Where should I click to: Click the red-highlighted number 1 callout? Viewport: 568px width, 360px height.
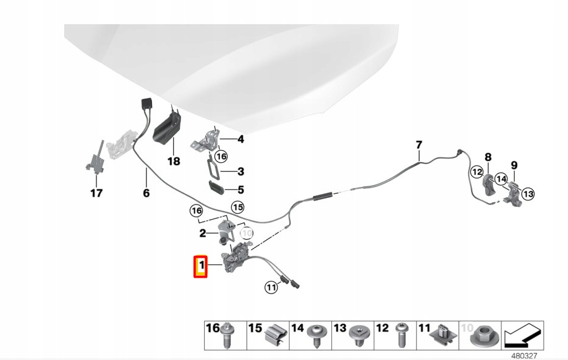point(200,267)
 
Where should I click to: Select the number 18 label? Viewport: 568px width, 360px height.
point(174,161)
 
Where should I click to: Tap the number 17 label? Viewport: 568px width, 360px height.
point(96,193)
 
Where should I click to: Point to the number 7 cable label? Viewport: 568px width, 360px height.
point(419,145)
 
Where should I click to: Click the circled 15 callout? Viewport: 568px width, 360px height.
point(238,208)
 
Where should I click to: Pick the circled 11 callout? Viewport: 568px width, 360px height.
point(271,287)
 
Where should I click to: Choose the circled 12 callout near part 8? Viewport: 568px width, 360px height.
point(477,172)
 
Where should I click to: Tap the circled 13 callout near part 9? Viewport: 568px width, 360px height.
point(529,194)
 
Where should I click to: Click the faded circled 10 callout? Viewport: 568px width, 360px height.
point(247,234)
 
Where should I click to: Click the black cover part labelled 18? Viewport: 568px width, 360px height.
point(167,128)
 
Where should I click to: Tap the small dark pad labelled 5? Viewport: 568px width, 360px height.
point(216,188)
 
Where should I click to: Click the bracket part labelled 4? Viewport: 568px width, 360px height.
point(205,139)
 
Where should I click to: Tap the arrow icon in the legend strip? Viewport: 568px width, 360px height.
point(522,335)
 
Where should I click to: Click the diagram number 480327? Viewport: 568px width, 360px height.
point(524,356)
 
